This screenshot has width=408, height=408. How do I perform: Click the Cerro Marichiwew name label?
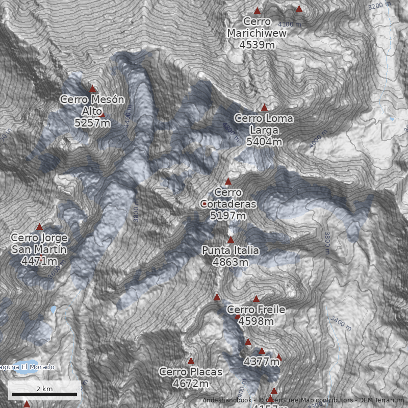[x=257, y=28]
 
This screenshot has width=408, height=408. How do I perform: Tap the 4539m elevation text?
[x=257, y=44]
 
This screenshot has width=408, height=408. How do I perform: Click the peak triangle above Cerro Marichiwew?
[x=258, y=11]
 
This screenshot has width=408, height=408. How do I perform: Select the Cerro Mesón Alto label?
[x=92, y=105]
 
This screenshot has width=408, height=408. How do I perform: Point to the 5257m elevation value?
[x=92, y=122]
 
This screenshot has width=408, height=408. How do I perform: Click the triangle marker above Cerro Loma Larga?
[x=264, y=108]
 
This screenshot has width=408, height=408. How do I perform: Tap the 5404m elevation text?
[x=264, y=142]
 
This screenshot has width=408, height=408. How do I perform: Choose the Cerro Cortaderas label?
[x=228, y=198]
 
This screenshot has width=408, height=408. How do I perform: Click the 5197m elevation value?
[x=228, y=216]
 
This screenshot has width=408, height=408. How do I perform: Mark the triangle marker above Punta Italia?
[x=231, y=240]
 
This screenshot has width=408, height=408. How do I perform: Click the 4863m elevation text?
[x=231, y=262]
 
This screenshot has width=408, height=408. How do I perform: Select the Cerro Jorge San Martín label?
[x=39, y=244]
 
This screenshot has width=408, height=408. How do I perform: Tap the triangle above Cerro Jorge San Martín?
[x=39, y=227]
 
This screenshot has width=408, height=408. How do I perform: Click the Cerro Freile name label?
[x=256, y=310]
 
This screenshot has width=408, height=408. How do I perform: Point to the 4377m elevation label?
[x=262, y=362]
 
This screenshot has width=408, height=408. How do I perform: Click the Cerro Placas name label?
[x=191, y=372]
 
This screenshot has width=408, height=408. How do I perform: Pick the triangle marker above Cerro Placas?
[x=191, y=361]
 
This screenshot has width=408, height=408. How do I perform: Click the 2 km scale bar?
[x=44, y=394]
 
